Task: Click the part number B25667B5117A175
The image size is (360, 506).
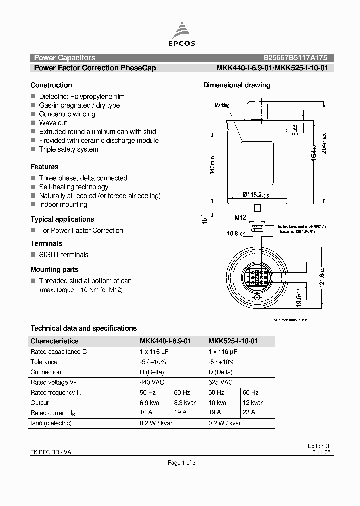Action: click(295, 58)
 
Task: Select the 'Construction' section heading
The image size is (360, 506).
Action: click(51, 85)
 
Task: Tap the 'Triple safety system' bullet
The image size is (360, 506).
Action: click(69, 149)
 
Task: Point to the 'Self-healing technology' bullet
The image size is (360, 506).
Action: click(74, 187)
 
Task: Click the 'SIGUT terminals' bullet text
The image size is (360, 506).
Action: click(64, 255)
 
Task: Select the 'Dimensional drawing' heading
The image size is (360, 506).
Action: click(236, 85)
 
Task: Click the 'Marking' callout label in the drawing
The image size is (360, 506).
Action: click(222, 106)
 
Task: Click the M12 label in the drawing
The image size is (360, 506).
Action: click(242, 217)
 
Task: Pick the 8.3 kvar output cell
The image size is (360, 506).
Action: click(185, 403)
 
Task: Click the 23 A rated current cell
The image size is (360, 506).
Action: click(249, 413)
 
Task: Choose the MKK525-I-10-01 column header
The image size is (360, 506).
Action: click(233, 341)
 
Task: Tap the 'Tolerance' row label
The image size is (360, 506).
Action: click(44, 362)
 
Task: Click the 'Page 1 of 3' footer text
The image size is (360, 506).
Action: click(181, 463)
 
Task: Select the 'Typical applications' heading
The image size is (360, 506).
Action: click(62, 219)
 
